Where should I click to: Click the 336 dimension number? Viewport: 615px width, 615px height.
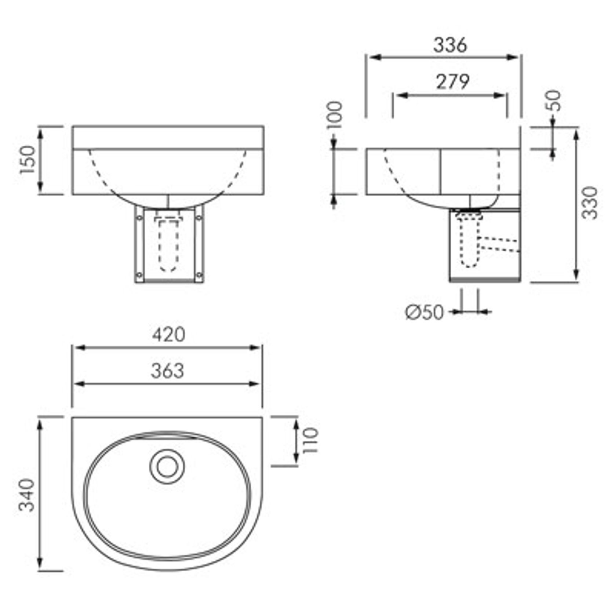(x=450, y=46)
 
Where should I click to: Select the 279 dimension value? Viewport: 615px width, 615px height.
(x=452, y=82)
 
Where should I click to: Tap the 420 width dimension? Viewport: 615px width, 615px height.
(x=169, y=335)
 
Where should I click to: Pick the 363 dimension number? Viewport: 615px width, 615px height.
(x=167, y=371)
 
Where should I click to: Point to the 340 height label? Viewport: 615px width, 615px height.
(x=27, y=495)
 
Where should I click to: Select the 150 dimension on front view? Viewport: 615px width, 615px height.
(x=28, y=160)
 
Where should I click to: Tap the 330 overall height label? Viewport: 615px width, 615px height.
(x=590, y=203)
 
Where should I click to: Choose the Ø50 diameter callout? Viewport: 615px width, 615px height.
(x=424, y=313)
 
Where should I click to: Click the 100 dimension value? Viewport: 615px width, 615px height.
(x=335, y=115)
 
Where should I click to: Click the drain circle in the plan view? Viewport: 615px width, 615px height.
(x=167, y=467)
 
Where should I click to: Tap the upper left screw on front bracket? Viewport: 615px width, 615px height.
(x=139, y=218)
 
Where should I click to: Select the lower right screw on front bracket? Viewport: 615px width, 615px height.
(x=199, y=274)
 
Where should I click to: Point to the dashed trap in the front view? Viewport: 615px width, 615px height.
(x=168, y=244)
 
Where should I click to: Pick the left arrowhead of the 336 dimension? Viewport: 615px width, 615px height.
(x=373, y=57)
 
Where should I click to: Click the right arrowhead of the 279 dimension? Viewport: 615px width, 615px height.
(x=502, y=95)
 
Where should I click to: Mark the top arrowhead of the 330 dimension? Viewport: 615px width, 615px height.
(x=576, y=134)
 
